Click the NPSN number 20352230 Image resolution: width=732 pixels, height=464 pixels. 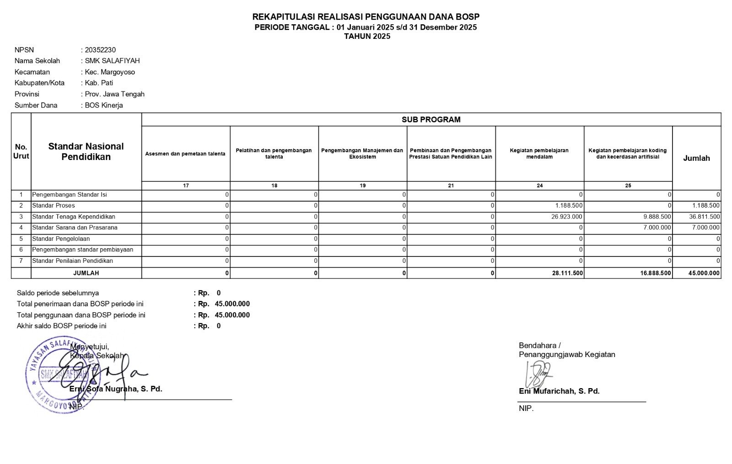coord(100,50)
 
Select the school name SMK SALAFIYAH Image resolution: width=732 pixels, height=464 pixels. coord(112,61)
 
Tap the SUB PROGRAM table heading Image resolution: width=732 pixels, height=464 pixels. coord(431,120)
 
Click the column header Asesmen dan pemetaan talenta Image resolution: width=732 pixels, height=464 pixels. coord(185,154)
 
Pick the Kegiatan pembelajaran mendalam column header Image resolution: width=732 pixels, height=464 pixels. coord(539,154)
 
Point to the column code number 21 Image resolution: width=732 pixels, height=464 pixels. coord(451,186)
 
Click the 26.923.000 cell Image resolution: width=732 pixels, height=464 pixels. coord(566,217)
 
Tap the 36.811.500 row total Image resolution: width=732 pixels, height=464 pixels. coord(704,217)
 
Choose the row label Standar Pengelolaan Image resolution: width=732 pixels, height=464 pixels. coord(61,239)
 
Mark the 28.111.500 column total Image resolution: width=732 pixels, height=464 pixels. coord(568,273)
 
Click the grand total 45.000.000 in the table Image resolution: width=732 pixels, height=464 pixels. coord(704,273)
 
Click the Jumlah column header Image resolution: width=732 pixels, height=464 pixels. coord(696,158)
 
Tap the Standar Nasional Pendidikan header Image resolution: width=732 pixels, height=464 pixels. coord(86,151)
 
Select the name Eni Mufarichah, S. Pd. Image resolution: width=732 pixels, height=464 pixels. coord(559,391)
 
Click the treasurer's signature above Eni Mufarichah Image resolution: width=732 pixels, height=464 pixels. coord(538,373)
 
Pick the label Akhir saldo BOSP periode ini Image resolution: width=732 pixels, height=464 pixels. coord(61,326)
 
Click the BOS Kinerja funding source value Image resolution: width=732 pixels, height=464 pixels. coord(104,105)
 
